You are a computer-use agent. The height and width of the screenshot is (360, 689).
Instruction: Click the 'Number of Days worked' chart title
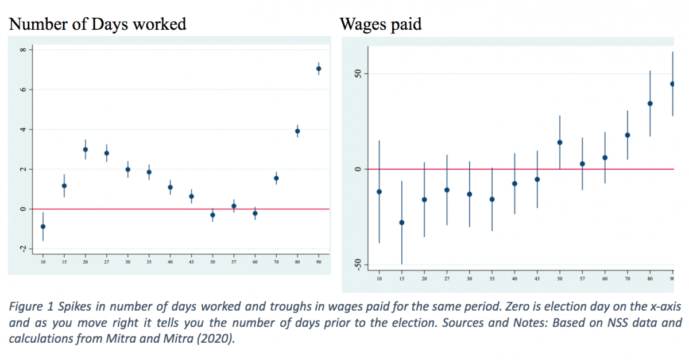[x=98, y=24]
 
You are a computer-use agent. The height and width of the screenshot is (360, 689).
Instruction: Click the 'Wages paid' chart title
[x=381, y=24]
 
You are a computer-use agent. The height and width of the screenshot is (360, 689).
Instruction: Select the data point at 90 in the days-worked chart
[x=319, y=68]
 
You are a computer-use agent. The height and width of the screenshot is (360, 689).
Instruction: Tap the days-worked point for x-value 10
[x=43, y=226]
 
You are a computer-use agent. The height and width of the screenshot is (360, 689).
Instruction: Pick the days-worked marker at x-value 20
[x=86, y=149]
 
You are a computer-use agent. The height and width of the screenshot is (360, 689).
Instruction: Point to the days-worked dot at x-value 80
[x=297, y=131]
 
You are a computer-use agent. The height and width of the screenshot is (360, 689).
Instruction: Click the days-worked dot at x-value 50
[x=212, y=215]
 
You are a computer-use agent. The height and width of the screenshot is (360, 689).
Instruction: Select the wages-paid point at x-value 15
[x=402, y=222]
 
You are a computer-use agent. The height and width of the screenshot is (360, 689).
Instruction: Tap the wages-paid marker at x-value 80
[x=650, y=103]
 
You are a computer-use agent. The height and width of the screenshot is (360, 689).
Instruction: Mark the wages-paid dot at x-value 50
[x=560, y=142]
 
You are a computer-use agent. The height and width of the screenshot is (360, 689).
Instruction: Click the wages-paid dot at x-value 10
[x=379, y=191]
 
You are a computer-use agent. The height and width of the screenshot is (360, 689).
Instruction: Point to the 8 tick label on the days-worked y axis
[x=23, y=50]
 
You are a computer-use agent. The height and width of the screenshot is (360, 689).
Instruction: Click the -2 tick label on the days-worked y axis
[x=23, y=248]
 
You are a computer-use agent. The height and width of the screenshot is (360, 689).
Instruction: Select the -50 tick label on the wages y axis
[x=355, y=264]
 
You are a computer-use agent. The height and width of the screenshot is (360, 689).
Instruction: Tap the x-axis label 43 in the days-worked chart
[x=191, y=262]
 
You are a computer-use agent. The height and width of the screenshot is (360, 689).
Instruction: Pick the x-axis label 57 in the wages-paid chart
[x=582, y=278]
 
